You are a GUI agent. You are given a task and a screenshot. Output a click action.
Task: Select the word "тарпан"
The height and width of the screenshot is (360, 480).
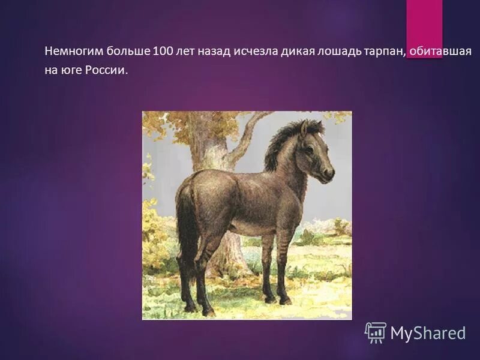[x=383, y=52]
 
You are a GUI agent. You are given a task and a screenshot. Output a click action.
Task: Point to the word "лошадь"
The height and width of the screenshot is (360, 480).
[x=338, y=52]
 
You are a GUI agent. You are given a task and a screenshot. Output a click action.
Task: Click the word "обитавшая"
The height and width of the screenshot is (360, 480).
[x=440, y=52]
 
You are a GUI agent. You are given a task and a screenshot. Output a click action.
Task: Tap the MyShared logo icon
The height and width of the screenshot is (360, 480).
[x=375, y=332]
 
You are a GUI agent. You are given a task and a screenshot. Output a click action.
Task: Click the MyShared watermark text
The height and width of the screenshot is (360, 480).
[x=428, y=333]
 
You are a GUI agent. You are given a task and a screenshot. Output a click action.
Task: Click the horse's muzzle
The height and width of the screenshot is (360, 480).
[x=328, y=174]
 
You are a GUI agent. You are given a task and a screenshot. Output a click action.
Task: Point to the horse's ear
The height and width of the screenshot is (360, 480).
[x=304, y=128]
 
